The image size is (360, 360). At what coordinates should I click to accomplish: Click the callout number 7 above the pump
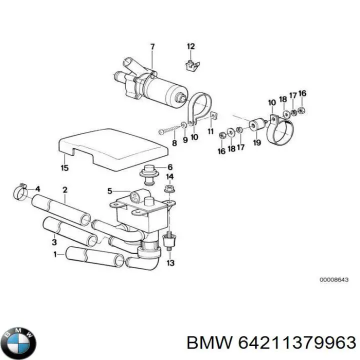coord(152,47)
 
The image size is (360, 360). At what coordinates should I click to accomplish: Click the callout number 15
coord(64,167)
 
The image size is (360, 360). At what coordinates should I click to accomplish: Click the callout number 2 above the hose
coord(64,189)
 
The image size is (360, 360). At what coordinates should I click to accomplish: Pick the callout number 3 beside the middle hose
coord(54,243)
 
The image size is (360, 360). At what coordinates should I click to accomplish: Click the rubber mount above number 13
coord(169,242)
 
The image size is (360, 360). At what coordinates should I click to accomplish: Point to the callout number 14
coord(170,177)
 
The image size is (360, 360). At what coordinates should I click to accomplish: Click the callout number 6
coord(170,167)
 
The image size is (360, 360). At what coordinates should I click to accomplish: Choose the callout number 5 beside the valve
coord(110,190)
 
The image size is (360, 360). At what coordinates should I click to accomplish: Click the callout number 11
coord(210,131)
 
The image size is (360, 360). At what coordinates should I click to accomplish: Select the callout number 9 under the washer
coord(185,140)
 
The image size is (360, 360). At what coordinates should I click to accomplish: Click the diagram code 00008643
coord(333,280)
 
